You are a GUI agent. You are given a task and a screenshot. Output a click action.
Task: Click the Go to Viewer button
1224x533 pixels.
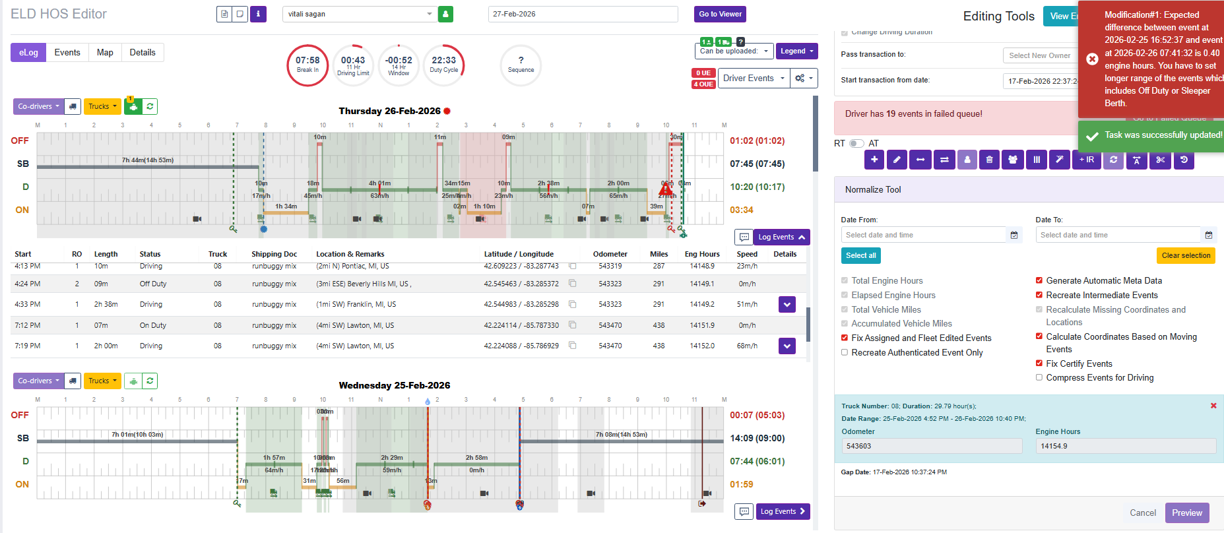coord(720,14)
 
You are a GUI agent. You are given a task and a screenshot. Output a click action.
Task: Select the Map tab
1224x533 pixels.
coord(105,53)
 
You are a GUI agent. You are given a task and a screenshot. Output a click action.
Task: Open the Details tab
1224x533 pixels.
coord(143,53)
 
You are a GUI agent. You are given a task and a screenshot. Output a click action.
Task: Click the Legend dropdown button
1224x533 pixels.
coord(796,51)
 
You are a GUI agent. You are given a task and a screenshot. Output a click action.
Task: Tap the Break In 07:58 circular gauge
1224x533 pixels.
coord(307,65)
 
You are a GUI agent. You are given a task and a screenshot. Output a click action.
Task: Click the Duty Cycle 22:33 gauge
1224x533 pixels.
coord(443,65)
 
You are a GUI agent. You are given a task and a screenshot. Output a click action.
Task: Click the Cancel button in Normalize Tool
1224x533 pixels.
coord(1142,513)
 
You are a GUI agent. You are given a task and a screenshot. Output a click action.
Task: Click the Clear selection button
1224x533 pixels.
coord(1185,255)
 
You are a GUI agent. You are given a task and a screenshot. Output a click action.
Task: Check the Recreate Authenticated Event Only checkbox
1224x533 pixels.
coord(845,352)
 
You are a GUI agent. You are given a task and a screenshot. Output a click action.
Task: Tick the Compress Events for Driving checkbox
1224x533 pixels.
coord(1039,377)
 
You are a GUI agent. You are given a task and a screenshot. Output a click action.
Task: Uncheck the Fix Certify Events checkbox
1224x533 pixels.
coord(1039,363)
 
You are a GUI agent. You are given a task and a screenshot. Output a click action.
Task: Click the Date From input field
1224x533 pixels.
coord(923,235)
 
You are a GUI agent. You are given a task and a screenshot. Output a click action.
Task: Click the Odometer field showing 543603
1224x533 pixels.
coord(931,446)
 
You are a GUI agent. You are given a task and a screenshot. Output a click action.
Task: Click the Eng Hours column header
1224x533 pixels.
coord(701,254)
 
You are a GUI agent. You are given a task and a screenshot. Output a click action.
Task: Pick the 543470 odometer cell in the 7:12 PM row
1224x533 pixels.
coord(610,325)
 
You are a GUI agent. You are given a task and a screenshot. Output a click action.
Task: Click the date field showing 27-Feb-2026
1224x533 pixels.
coord(583,14)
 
